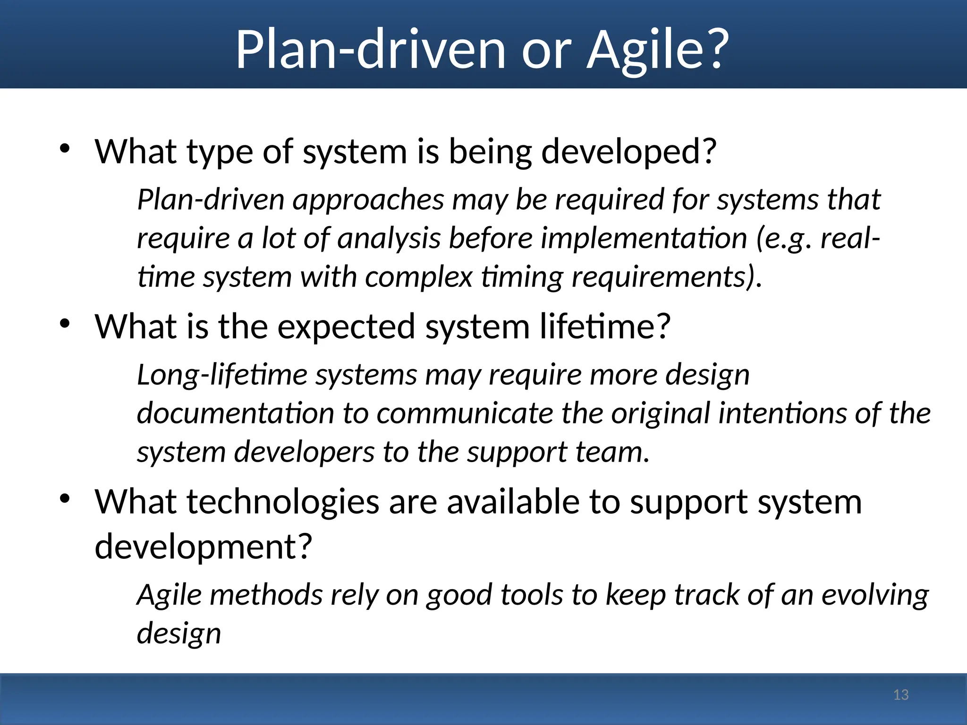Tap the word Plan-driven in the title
[x=370, y=50]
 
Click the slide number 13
[x=901, y=695]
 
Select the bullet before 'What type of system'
[x=65, y=149]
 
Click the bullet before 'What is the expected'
[x=65, y=324]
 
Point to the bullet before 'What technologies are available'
[x=65, y=499]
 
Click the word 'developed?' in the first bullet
[x=628, y=152]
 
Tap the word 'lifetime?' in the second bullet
[x=605, y=327]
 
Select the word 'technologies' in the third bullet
[x=284, y=502]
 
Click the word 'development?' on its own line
[x=204, y=547]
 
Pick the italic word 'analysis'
[x=389, y=238]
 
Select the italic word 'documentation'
[x=235, y=413]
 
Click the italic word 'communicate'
[x=465, y=413]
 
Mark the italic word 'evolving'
[x=875, y=595]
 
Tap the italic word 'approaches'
[x=368, y=200]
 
